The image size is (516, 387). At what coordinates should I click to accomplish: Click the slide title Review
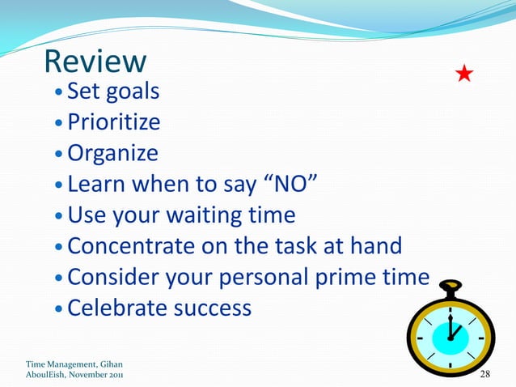coord(95,62)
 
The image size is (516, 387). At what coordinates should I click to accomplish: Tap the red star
coord(464,75)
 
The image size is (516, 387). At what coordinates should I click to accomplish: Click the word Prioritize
coord(113,122)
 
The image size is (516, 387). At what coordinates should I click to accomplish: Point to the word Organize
coord(112,153)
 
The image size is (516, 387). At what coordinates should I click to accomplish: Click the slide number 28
coord(485,374)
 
